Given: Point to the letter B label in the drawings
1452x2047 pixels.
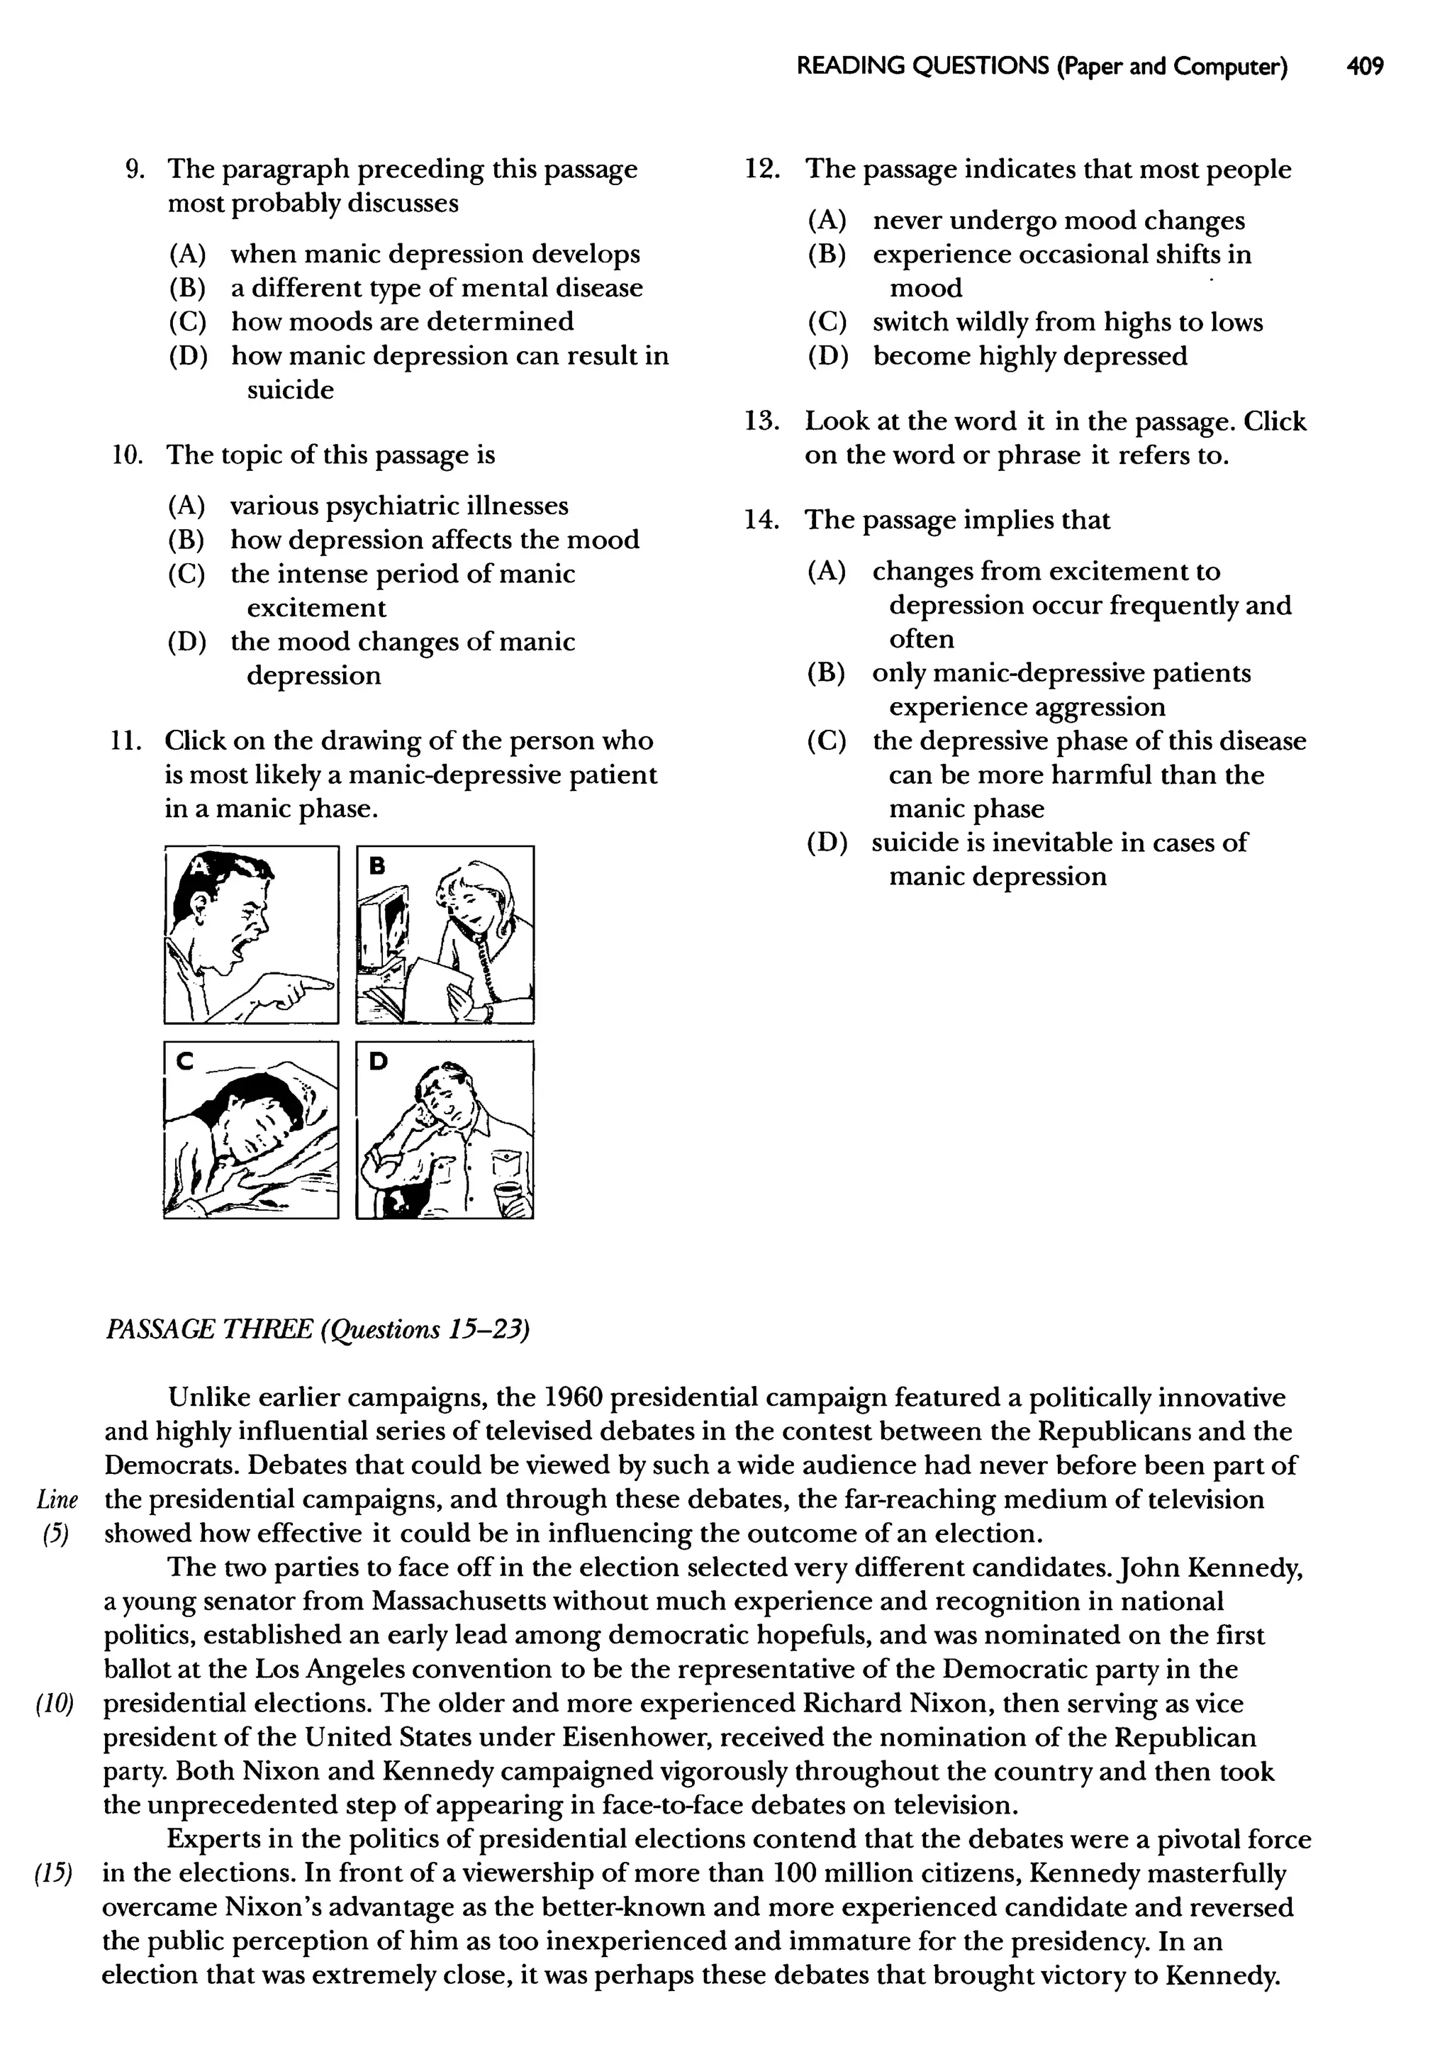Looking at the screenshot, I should tap(377, 865).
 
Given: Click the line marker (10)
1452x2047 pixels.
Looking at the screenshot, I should tap(54, 1704).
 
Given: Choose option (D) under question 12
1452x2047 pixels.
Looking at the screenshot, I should tap(827, 357).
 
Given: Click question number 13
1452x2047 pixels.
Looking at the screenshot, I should tap(761, 421).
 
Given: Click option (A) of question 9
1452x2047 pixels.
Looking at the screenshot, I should tap(187, 255).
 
